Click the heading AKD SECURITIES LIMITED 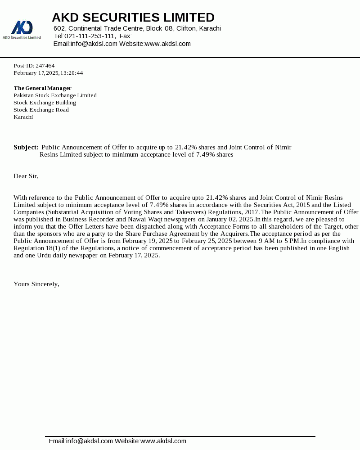(133, 18)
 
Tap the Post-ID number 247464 (45, 66)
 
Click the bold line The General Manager (42, 88)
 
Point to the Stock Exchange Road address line (41, 110)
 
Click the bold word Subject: (26, 147)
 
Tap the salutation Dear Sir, (26, 176)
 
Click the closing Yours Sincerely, (36, 284)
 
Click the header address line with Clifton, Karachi (137, 28)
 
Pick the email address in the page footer (90, 441)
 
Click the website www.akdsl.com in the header (167, 44)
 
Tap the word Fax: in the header (126, 36)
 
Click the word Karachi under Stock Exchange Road (23, 117)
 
